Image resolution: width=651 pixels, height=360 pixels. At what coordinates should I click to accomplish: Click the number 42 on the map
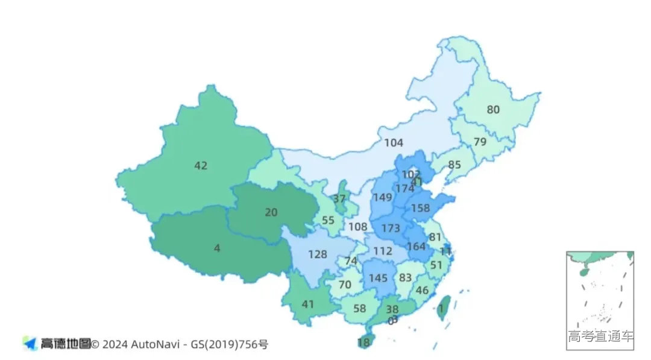click(x=201, y=165)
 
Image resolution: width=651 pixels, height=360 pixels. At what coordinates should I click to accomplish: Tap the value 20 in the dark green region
click(x=271, y=212)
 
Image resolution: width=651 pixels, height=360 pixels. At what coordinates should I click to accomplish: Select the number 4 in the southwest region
click(x=217, y=248)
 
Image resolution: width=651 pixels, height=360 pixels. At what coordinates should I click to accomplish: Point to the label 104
click(x=394, y=143)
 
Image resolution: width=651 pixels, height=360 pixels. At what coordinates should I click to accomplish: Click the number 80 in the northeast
click(x=493, y=110)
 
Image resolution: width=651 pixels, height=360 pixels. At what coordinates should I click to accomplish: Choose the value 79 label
click(x=480, y=142)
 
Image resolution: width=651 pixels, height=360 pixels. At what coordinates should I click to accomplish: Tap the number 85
click(x=454, y=164)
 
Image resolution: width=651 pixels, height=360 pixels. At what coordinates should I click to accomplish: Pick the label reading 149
click(x=382, y=197)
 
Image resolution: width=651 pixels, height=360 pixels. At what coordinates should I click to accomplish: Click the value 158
click(x=420, y=208)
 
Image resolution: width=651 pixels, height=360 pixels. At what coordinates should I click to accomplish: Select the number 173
click(x=391, y=229)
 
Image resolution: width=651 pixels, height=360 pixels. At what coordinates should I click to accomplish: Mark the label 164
click(x=416, y=246)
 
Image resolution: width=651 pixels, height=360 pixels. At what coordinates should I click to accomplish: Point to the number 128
click(x=318, y=254)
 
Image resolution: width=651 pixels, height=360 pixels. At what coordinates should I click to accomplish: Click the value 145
click(x=378, y=278)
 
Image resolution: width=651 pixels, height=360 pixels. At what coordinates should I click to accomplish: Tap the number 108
click(x=357, y=227)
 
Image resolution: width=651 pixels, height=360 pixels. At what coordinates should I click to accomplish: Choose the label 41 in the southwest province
click(x=308, y=305)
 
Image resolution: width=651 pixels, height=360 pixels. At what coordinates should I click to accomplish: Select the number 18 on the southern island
click(x=363, y=343)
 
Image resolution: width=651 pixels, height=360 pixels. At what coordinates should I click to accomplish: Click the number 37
click(x=339, y=199)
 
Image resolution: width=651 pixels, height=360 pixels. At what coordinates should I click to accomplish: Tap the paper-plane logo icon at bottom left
click(x=30, y=344)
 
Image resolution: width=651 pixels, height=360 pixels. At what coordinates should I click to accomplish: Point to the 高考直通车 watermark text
click(x=600, y=336)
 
